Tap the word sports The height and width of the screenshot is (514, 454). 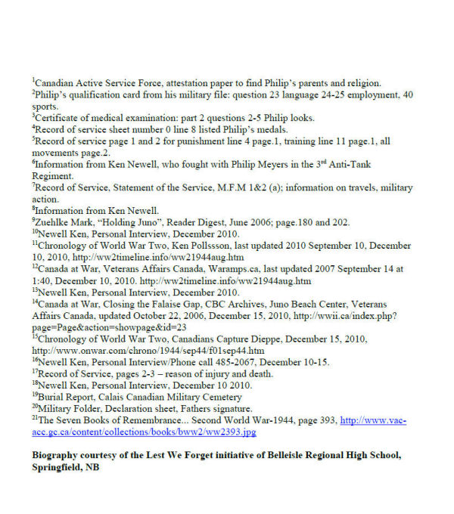click(44, 107)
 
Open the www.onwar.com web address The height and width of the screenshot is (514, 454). click(148, 350)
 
